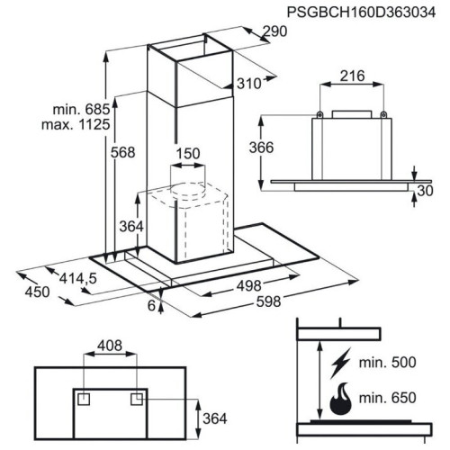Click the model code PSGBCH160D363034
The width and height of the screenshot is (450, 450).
(361, 13)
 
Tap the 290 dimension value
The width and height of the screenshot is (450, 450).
(274, 31)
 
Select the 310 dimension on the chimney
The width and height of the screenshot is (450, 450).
(248, 84)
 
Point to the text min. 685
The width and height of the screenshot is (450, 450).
(81, 109)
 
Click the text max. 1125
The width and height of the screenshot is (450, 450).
(76, 124)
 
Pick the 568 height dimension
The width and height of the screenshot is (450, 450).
(123, 152)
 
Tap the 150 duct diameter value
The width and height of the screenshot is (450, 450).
(188, 154)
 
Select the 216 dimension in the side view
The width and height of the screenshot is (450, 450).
(352, 76)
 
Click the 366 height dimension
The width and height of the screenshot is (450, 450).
(261, 148)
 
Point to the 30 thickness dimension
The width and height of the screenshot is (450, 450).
(425, 191)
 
